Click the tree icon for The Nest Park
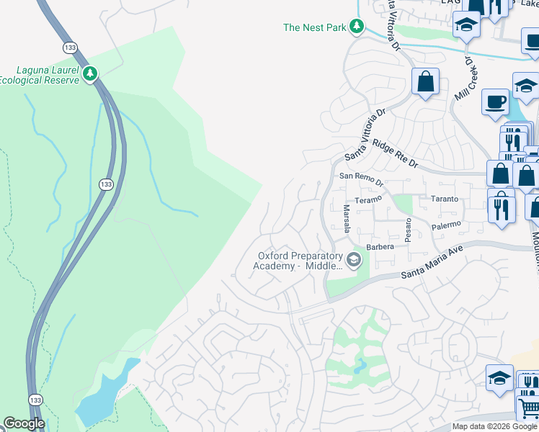pyautogui.click(x=356, y=27)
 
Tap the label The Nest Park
pyautogui.click(x=315, y=27)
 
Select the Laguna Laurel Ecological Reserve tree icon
pyautogui.click(x=90, y=74)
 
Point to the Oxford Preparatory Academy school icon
pyautogui.click(x=353, y=260)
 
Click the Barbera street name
pyautogui.click(x=380, y=247)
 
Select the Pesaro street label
pyautogui.click(x=408, y=231)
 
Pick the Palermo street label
pyautogui.click(x=446, y=225)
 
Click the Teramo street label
pyautogui.click(x=367, y=199)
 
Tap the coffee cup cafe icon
pyautogui.click(x=495, y=102)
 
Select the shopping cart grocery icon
pyautogui.click(x=528, y=408)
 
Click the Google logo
pyautogui.click(x=24, y=423)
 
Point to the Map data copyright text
pyautogui.click(x=494, y=426)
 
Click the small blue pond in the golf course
pyautogui.click(x=358, y=369)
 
